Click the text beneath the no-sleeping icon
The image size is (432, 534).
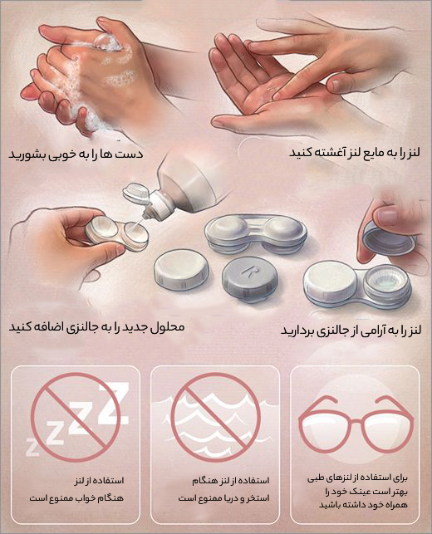74,488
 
